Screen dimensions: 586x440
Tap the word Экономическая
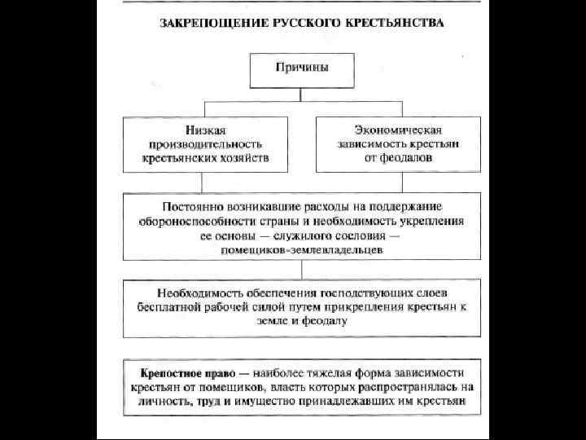[398, 129]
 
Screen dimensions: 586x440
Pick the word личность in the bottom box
[153, 403]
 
